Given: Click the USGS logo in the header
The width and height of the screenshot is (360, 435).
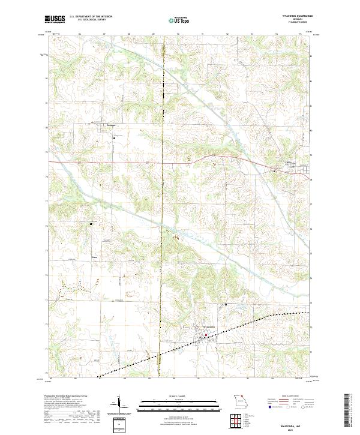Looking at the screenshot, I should pos(55,19).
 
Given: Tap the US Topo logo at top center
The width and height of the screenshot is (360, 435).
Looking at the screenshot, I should pos(179,19).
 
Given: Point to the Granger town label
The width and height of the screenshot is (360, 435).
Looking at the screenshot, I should pos(110,125).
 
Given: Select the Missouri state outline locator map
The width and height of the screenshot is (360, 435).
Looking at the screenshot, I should pos(238,401).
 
